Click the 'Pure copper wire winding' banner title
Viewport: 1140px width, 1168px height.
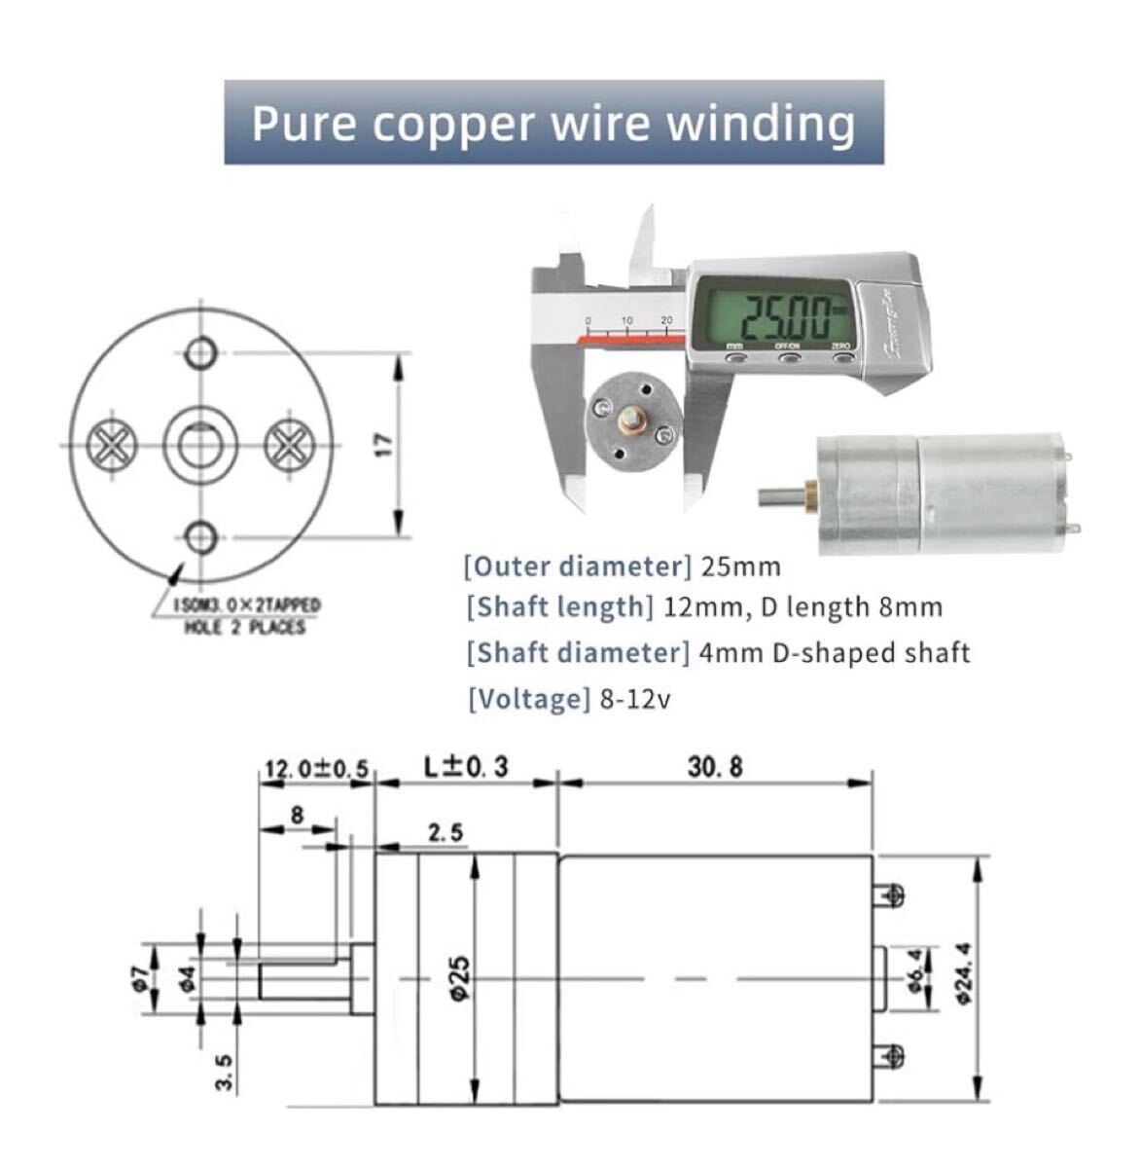[x=553, y=124]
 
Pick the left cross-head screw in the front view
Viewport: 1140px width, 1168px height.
[x=111, y=445]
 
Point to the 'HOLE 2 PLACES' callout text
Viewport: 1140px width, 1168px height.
[x=244, y=627]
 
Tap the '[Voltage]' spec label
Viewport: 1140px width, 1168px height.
[x=528, y=698]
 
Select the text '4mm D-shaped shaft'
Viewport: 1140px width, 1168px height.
[x=834, y=652]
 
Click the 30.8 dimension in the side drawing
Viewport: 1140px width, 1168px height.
[x=715, y=767]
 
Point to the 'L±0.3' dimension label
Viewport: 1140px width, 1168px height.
[x=466, y=767]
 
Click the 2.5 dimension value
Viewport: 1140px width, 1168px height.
[x=445, y=833]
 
